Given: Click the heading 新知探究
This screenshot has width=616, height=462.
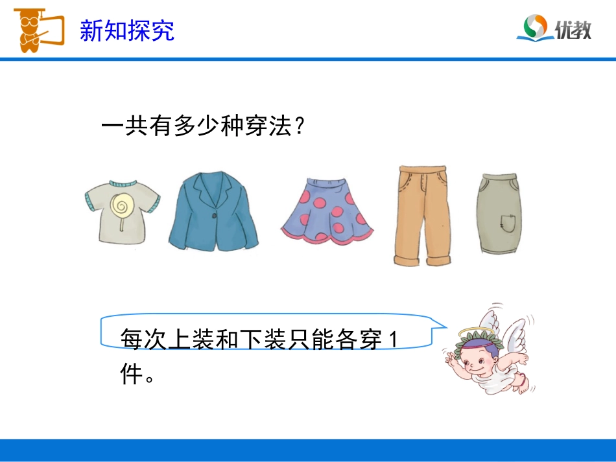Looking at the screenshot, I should pos(127,30).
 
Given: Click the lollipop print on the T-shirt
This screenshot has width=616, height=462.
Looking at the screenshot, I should pos(119,206).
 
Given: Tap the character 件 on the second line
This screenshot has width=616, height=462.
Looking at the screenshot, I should pos(132,373).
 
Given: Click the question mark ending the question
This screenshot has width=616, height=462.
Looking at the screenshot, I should pos(299,126).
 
